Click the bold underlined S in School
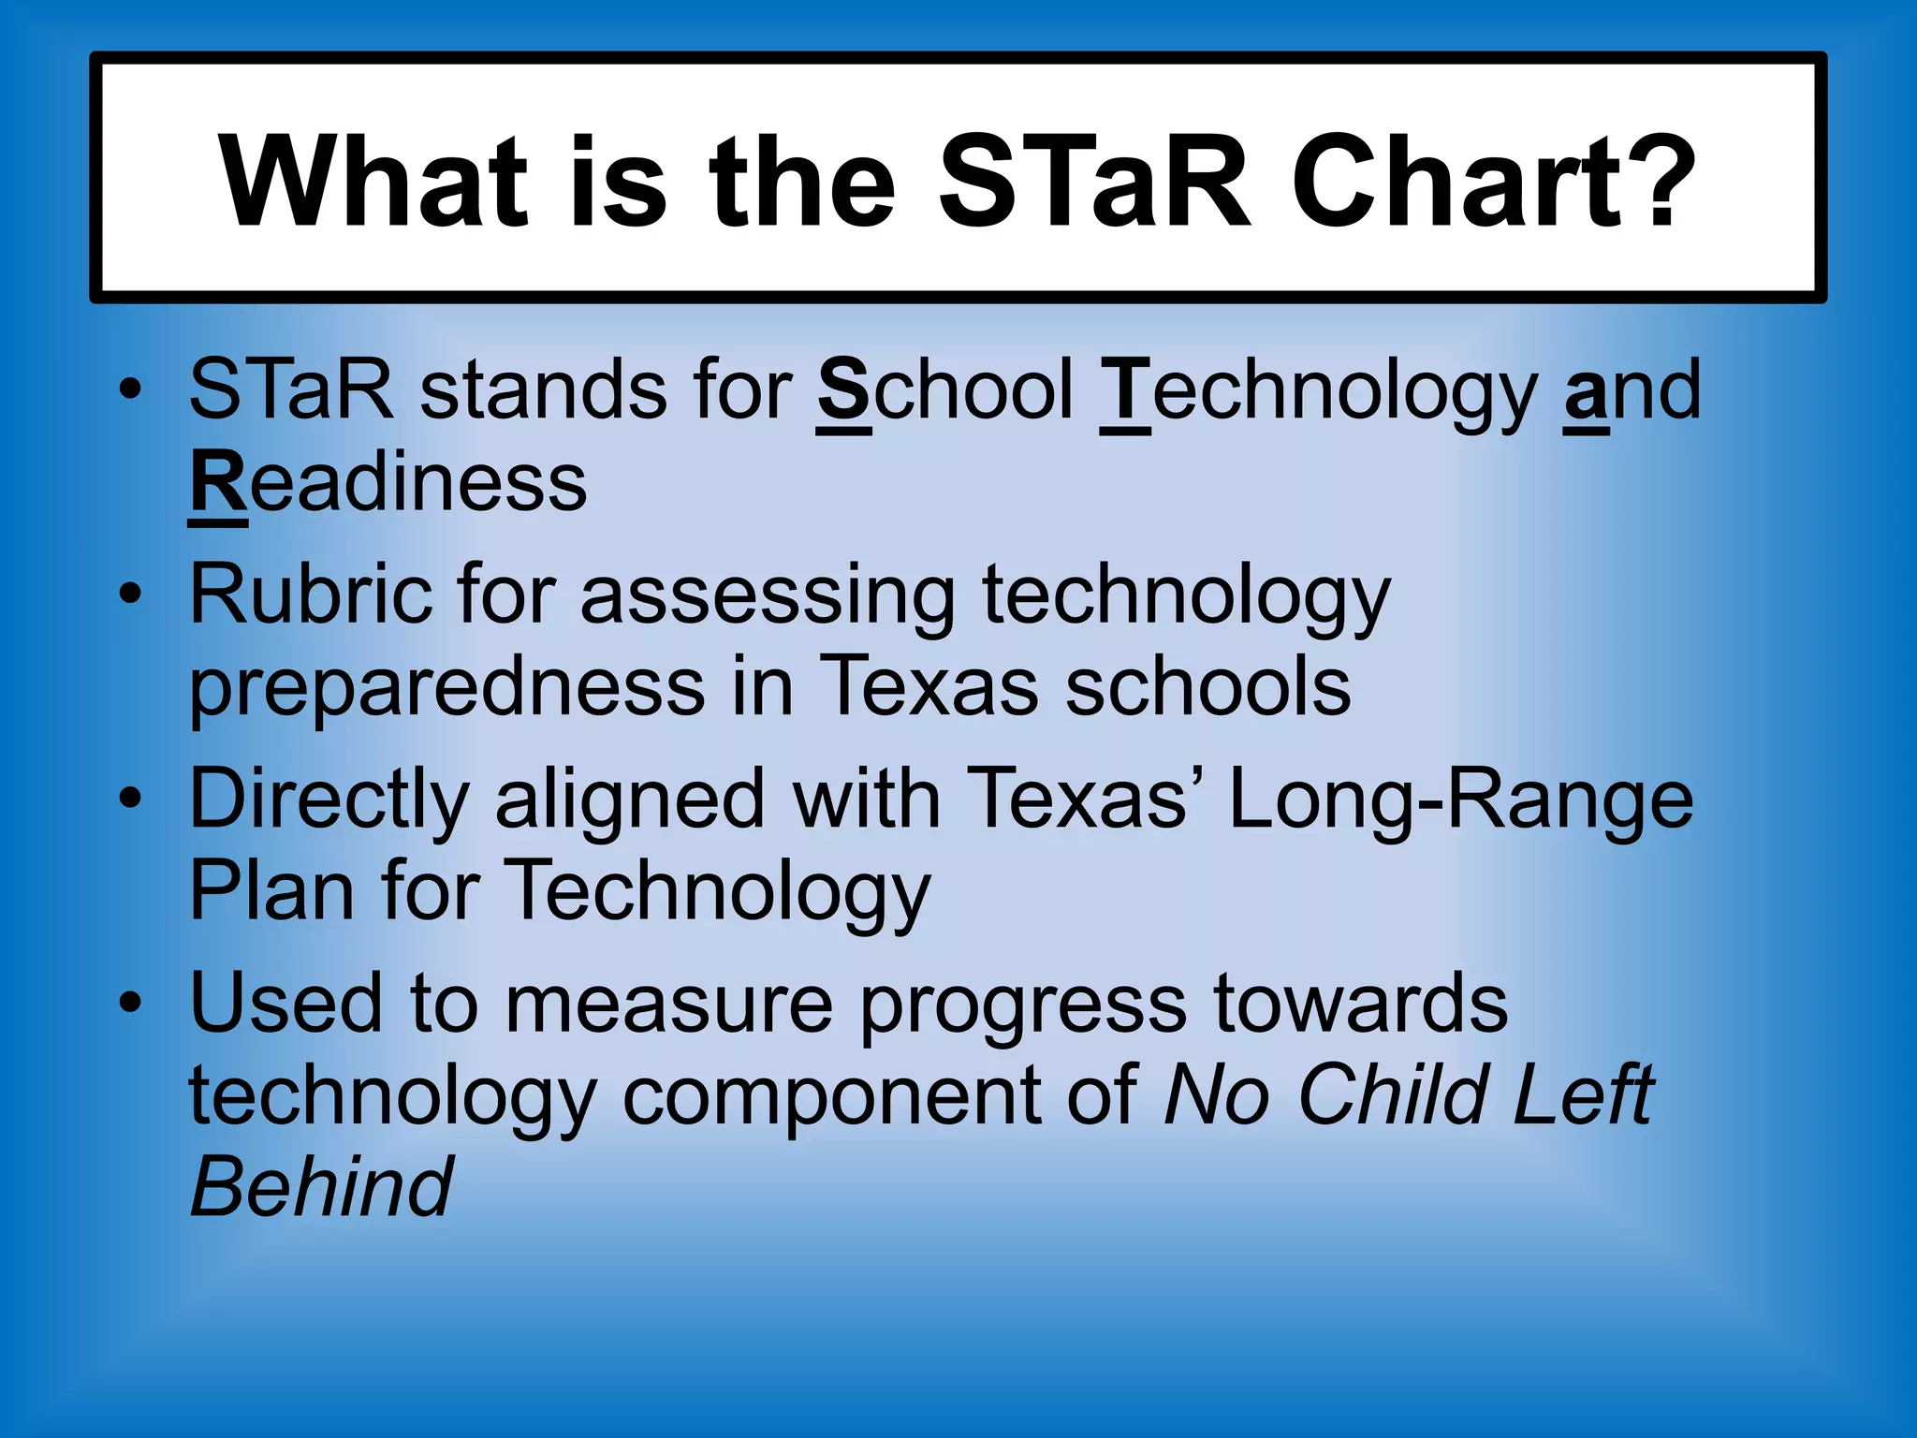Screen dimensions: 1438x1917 coord(843,391)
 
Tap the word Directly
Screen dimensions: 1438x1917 coord(329,801)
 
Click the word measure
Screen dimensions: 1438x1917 coord(669,1005)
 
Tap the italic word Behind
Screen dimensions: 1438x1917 coord(321,1187)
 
